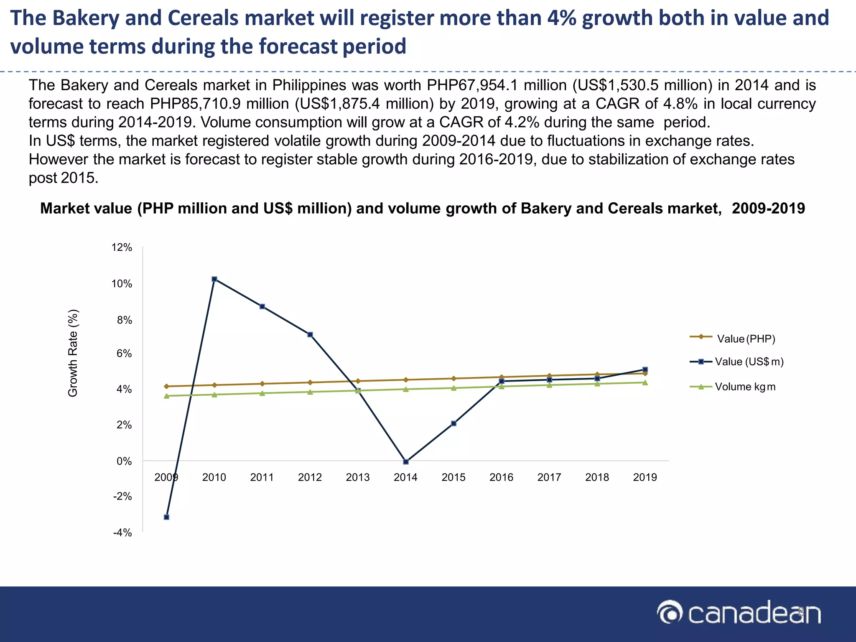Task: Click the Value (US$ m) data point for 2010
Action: point(214,279)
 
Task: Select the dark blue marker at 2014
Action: point(406,462)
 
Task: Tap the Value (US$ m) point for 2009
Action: point(166,517)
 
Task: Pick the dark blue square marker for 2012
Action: point(310,334)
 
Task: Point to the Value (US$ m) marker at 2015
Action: point(453,423)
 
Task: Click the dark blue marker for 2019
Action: point(645,369)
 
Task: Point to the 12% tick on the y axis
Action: point(122,247)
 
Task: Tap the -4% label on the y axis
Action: point(122,532)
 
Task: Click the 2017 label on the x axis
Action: point(549,477)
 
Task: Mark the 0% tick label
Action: point(124,461)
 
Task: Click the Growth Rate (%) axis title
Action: point(73,353)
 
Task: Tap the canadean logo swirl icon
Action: point(670,613)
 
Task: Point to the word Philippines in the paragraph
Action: point(309,85)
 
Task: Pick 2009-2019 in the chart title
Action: point(768,208)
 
